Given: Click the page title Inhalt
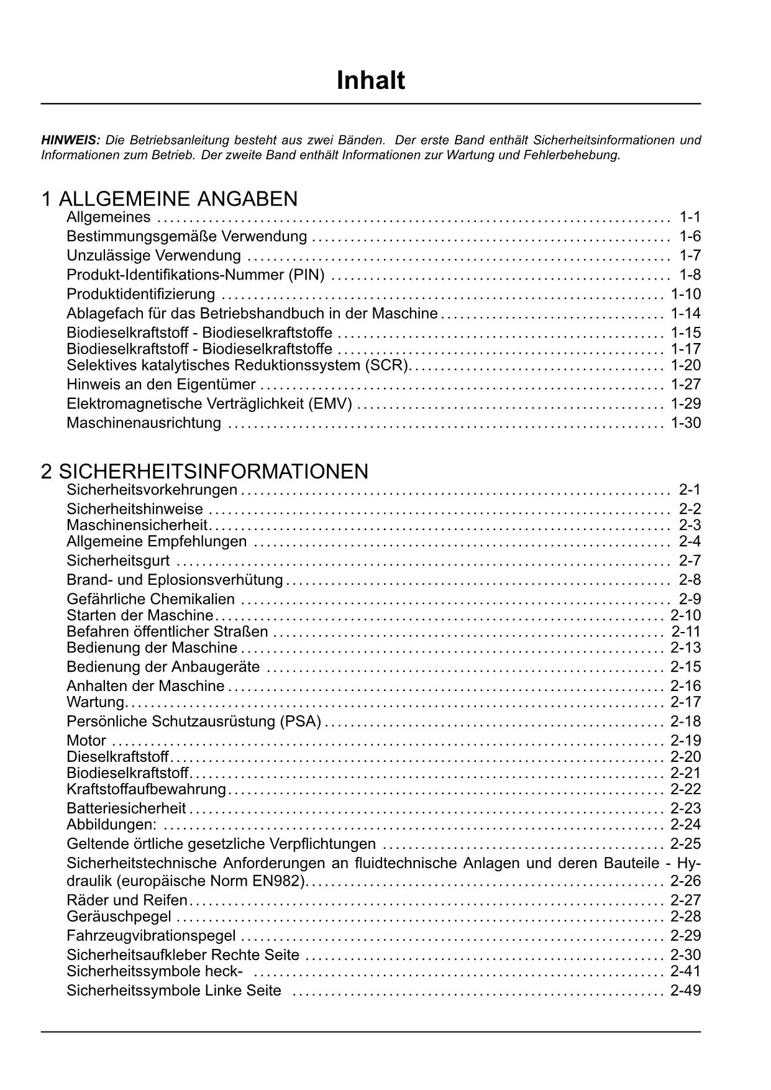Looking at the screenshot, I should point(370,81).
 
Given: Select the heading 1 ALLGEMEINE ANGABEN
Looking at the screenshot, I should point(169,199).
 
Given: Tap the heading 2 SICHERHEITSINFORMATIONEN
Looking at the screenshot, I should point(204,471).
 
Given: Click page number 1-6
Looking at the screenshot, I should point(690,236).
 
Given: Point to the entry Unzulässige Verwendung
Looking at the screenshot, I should point(153,255).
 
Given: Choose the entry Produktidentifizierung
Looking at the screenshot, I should point(140,294).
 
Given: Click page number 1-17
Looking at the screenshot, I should point(685,349).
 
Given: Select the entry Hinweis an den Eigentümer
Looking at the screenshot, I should point(161,384).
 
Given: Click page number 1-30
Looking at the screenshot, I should point(685,423).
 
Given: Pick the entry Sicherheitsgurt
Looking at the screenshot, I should point(118,561).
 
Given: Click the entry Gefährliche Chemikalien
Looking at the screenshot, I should point(150,599).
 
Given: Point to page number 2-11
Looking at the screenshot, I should point(685,631).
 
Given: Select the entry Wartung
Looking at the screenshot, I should point(96,702).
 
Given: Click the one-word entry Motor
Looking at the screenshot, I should point(86,741).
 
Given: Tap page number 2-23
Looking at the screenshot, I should point(685,808).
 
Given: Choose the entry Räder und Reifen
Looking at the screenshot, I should point(127,900).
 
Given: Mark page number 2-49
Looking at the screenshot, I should point(685,991).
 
